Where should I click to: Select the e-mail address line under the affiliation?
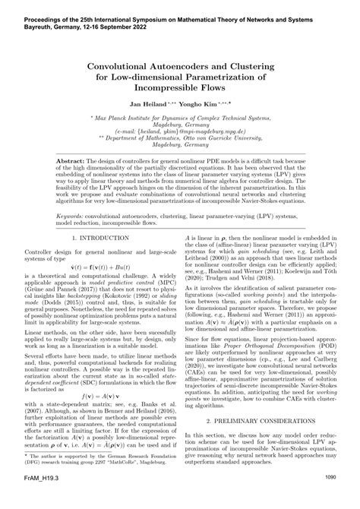click(179, 131)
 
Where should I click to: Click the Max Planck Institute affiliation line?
click(179, 119)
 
